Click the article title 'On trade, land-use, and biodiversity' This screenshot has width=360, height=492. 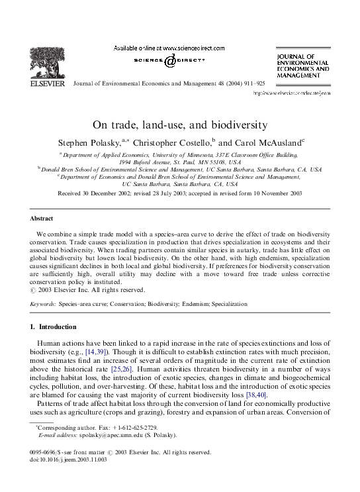click(179, 124)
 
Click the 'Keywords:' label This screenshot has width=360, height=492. click(42, 303)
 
